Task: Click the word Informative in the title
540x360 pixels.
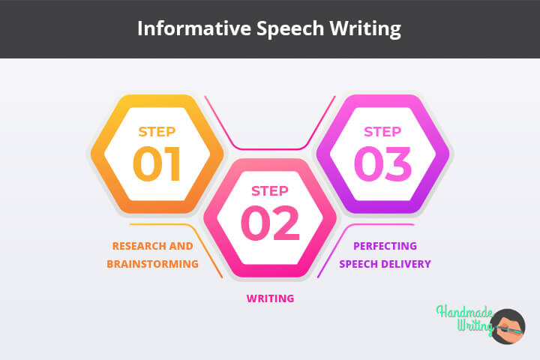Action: pyautogui.click(x=194, y=28)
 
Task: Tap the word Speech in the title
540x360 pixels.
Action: pyautogui.click(x=290, y=29)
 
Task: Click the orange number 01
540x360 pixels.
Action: pyautogui.click(x=157, y=164)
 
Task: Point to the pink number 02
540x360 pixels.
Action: pyautogui.click(x=270, y=223)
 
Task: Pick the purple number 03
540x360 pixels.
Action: pyautogui.click(x=382, y=164)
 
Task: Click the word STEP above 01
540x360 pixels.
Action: pyautogui.click(x=157, y=131)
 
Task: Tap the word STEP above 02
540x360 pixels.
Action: pyautogui.click(x=270, y=190)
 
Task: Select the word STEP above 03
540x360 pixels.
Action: pyautogui.click(x=382, y=131)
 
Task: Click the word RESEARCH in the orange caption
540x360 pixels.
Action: pyautogui.click(x=139, y=246)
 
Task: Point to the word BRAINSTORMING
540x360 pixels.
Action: pyautogui.click(x=152, y=264)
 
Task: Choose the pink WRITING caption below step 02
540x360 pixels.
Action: pyautogui.click(x=270, y=298)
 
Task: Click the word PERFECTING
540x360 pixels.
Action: pyautogui.click(x=385, y=246)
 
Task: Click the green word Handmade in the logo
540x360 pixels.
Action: pyautogui.click(x=464, y=312)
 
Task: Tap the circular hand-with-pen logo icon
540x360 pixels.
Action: pyautogui.click(x=507, y=326)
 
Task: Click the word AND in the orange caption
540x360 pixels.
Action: pyautogui.click(x=181, y=246)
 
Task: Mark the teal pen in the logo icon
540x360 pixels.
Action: pyautogui.click(x=510, y=331)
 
